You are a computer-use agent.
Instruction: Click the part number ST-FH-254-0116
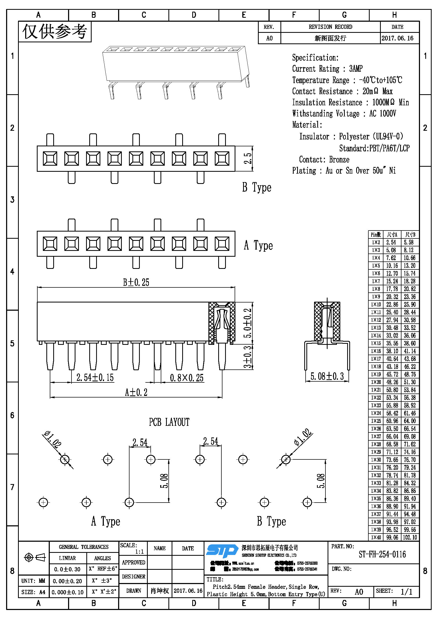pos(382,554)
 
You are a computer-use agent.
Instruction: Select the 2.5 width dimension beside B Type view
pos(248,159)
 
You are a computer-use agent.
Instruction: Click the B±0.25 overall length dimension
pos(136,282)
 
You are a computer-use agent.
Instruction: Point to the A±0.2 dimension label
pos(136,392)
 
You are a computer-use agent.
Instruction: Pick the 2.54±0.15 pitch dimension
pos(95,377)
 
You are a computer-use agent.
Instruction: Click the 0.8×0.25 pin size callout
pos(187,378)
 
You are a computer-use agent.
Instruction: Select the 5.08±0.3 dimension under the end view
pos(327,376)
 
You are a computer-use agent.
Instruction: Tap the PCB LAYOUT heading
pos(169,422)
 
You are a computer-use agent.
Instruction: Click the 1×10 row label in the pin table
pos(376,304)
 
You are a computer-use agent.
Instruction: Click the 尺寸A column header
pos(392,234)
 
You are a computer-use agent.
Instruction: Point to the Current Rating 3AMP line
pos(327,69)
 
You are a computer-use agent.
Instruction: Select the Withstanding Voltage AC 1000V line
pos(344,114)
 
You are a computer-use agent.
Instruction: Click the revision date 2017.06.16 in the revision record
pos(397,38)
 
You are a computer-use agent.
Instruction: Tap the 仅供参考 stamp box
pos(55,31)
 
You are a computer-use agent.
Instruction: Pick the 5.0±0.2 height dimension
pos(248,323)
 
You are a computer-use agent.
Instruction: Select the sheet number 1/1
pos(406,592)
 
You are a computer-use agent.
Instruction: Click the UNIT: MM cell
pos(33,581)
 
